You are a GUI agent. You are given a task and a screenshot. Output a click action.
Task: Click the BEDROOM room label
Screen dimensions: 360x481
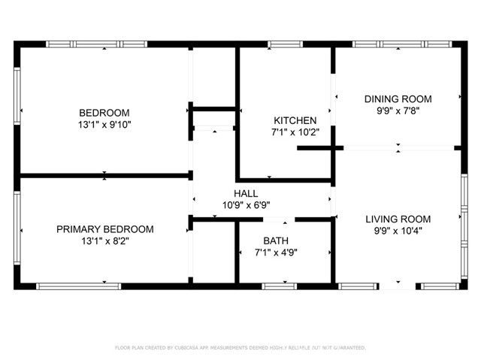[x=104, y=113]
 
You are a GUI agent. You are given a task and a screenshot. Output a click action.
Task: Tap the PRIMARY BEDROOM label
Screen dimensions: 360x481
[x=104, y=229]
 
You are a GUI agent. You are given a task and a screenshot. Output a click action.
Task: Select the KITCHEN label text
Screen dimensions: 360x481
[x=295, y=120]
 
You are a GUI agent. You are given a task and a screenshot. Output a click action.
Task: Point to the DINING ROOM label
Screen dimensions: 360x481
[x=398, y=99]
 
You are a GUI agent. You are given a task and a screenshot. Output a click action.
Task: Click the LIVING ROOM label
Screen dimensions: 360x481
[x=398, y=219]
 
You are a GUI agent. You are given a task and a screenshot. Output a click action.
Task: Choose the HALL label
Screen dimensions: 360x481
[x=246, y=193]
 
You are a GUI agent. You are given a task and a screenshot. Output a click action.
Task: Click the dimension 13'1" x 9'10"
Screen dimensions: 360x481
[x=104, y=125]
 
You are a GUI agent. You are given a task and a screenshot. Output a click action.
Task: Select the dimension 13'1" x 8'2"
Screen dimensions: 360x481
[x=104, y=241]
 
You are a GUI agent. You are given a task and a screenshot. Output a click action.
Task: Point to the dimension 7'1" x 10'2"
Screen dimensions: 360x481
[x=295, y=132]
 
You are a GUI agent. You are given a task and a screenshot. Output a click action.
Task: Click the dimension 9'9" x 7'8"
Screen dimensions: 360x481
[x=398, y=111]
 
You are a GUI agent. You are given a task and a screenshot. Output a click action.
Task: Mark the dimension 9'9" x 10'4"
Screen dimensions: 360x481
[x=398, y=231]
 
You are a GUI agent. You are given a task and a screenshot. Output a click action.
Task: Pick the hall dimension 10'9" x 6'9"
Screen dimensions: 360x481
[x=246, y=204]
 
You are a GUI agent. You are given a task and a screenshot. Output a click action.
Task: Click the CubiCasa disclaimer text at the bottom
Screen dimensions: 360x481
[x=240, y=348]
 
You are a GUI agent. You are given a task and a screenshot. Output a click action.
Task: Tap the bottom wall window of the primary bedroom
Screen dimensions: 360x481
[x=79, y=286]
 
